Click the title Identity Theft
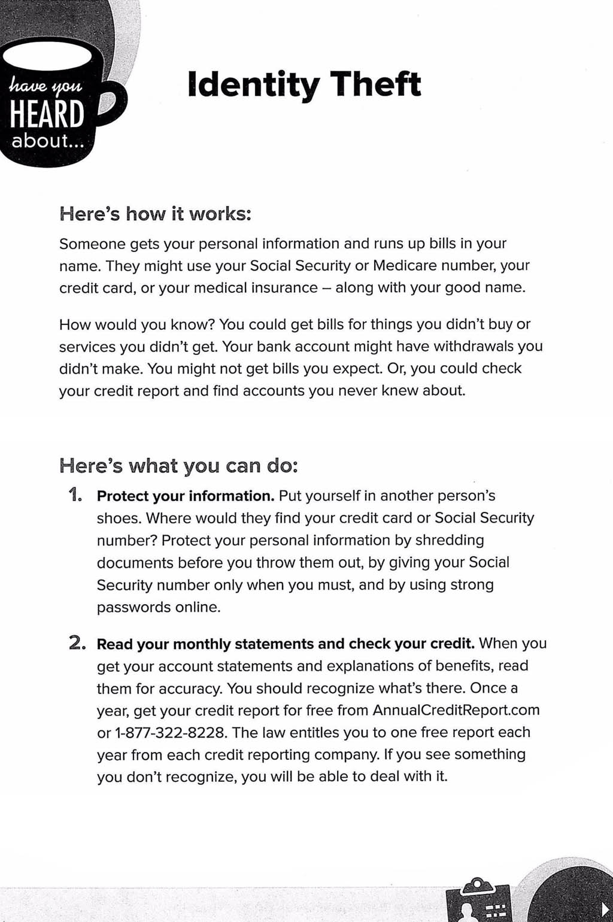click(304, 84)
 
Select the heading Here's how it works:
click(155, 214)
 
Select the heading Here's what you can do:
click(178, 465)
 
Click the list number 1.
click(75, 496)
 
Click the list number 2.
click(77, 644)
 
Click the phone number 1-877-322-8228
click(170, 733)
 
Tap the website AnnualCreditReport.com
click(456, 710)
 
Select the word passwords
click(133, 607)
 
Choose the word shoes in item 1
click(118, 518)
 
